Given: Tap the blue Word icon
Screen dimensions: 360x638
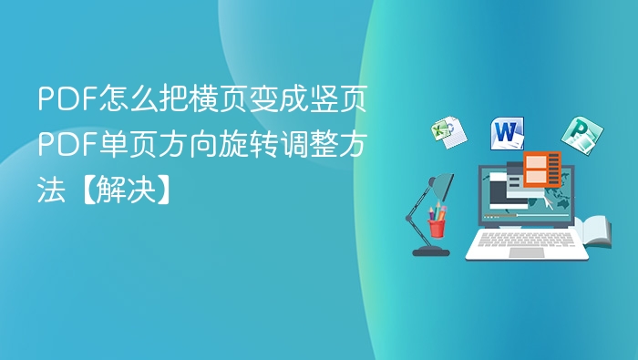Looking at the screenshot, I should (508, 134).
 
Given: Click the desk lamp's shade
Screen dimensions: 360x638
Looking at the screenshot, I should (443, 186).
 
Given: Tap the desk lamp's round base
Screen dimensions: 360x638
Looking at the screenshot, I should (429, 250).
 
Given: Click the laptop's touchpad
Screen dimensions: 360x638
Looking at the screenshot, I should (526, 252).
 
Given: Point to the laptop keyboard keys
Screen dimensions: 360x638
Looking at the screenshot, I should (526, 239).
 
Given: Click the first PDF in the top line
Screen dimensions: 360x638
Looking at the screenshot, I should (60, 100).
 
